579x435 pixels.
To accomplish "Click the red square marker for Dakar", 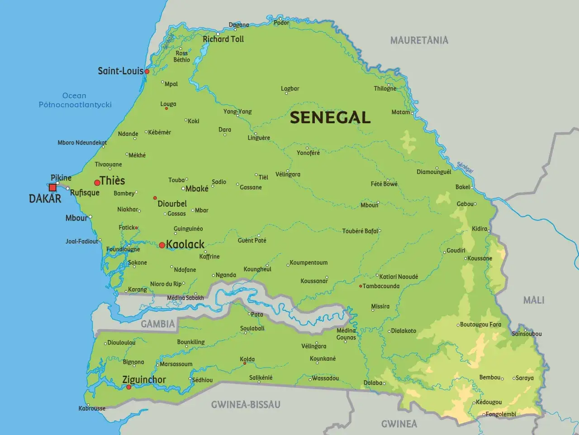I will pyautogui.click(x=53, y=187).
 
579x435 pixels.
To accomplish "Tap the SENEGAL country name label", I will pyautogui.click(x=330, y=117).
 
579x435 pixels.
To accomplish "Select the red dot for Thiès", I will pyautogui.click(x=97, y=183).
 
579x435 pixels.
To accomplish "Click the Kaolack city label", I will pyautogui.click(x=185, y=245).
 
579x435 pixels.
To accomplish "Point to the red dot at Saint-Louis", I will pyautogui.click(x=147, y=72).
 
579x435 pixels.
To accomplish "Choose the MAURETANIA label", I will pyautogui.click(x=419, y=40).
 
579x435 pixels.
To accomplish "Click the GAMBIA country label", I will pyautogui.click(x=157, y=324).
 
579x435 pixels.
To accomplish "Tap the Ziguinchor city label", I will pyautogui.click(x=144, y=380).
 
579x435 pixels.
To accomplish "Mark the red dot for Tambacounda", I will pyautogui.click(x=360, y=286).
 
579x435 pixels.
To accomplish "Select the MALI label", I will pyautogui.click(x=533, y=300).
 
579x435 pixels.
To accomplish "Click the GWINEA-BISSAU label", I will pyautogui.click(x=246, y=405).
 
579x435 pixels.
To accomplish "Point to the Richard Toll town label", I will pyautogui.click(x=223, y=39).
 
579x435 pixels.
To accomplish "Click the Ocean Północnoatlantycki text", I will pyautogui.click(x=75, y=100).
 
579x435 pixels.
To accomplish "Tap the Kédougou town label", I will pyautogui.click(x=489, y=402).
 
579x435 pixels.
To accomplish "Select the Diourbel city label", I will pyautogui.click(x=172, y=204).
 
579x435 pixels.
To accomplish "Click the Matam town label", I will pyautogui.click(x=400, y=112).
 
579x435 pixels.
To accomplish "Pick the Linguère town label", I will pyautogui.click(x=259, y=138).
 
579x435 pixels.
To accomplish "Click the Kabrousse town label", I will pyautogui.click(x=92, y=408).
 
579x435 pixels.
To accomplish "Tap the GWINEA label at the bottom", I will pyautogui.click(x=399, y=424).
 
